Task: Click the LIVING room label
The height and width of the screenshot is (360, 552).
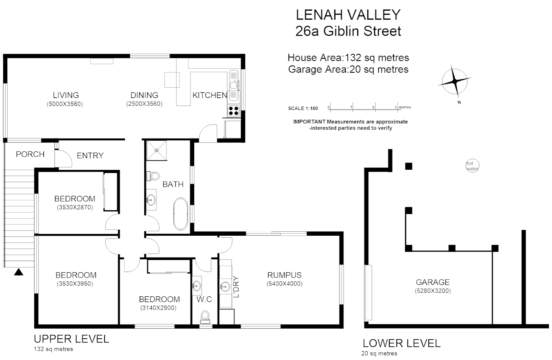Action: pyautogui.click(x=66, y=95)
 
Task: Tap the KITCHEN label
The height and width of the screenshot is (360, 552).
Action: pyautogui.click(x=210, y=95)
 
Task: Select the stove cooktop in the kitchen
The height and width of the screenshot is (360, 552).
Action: pyautogui.click(x=233, y=110)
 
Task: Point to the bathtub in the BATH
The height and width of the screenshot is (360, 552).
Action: pyautogui.click(x=181, y=214)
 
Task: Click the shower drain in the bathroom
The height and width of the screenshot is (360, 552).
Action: pyautogui.click(x=157, y=150)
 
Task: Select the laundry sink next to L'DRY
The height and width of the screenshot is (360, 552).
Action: pyautogui.click(x=225, y=286)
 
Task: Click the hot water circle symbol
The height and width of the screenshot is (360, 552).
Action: pyautogui.click(x=472, y=166)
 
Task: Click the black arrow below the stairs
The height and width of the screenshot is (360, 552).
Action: pyautogui.click(x=19, y=272)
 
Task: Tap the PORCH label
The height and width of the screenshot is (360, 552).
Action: pyautogui.click(x=30, y=154)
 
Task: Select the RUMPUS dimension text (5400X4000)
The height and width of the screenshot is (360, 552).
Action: pyautogui.click(x=284, y=284)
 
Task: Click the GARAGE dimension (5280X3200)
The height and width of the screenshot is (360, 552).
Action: pyautogui.click(x=432, y=291)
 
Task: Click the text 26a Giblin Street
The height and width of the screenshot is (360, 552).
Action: pyautogui.click(x=348, y=31)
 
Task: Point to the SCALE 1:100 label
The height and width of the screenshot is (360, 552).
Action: pyautogui.click(x=303, y=108)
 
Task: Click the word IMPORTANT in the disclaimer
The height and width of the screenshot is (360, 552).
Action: pyautogui.click(x=309, y=122)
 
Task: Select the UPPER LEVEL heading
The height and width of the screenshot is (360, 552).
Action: pyautogui.click(x=71, y=339)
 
